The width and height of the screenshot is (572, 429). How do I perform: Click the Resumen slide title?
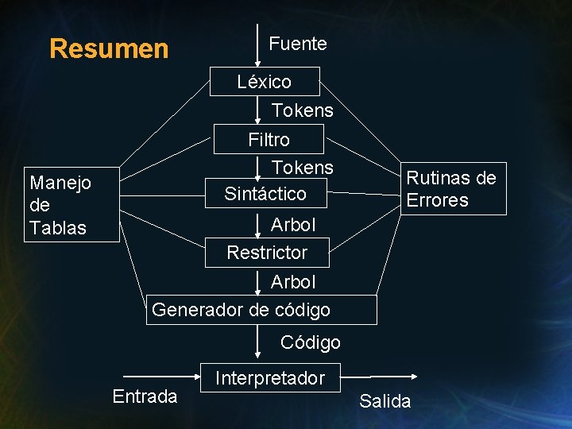(x=109, y=48)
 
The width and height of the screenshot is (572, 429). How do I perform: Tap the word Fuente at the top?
(x=298, y=44)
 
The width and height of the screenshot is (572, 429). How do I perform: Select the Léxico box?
(x=265, y=81)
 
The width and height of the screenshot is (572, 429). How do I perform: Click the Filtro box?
(x=269, y=140)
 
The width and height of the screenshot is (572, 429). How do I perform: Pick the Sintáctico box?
(x=265, y=193)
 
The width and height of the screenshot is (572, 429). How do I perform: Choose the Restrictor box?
(x=267, y=253)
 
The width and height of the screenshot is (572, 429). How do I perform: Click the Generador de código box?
(x=261, y=309)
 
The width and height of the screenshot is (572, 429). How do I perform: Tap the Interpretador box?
(x=270, y=378)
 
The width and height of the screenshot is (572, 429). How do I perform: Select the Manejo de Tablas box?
(x=71, y=205)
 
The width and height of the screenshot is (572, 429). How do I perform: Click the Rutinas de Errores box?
(x=451, y=189)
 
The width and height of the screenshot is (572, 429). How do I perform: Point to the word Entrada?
(x=145, y=396)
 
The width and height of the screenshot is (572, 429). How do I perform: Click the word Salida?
(x=385, y=401)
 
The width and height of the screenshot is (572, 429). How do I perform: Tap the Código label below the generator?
(x=311, y=342)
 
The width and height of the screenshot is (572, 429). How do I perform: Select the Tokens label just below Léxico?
(x=303, y=110)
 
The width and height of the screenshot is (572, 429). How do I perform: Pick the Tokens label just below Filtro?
(x=303, y=168)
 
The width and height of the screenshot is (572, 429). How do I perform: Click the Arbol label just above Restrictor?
(x=293, y=225)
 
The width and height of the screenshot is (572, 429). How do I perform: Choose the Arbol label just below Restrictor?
(x=293, y=282)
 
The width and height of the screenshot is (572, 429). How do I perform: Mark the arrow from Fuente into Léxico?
(x=257, y=52)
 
